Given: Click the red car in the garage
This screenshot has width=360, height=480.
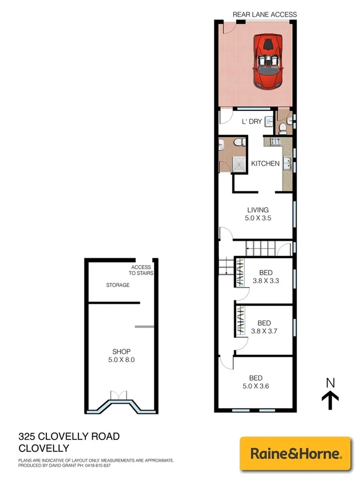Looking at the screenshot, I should point(269,62).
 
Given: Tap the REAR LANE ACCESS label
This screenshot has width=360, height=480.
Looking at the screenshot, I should point(265,14).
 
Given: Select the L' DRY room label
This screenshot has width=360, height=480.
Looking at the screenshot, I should point(252,122).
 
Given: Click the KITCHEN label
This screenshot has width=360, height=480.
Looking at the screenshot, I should point(265,163).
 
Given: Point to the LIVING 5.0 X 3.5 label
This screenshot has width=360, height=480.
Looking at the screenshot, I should point(257,213).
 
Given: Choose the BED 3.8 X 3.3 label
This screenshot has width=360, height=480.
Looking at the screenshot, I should point(266,277).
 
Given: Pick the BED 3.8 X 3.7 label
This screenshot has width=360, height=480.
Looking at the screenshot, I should point(264,327).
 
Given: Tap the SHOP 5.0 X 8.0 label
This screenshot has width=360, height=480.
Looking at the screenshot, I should point(121,355).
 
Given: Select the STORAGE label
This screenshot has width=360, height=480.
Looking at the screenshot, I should point(117,285).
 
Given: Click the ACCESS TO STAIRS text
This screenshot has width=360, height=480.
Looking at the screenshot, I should point(141,270).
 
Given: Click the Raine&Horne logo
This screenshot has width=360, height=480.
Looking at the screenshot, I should point(295,454).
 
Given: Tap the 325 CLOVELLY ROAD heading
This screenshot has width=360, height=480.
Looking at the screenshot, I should point(69,436).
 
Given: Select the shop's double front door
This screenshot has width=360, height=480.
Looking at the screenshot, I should point(119,395).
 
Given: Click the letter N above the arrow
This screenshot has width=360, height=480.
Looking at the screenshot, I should point(330,382).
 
